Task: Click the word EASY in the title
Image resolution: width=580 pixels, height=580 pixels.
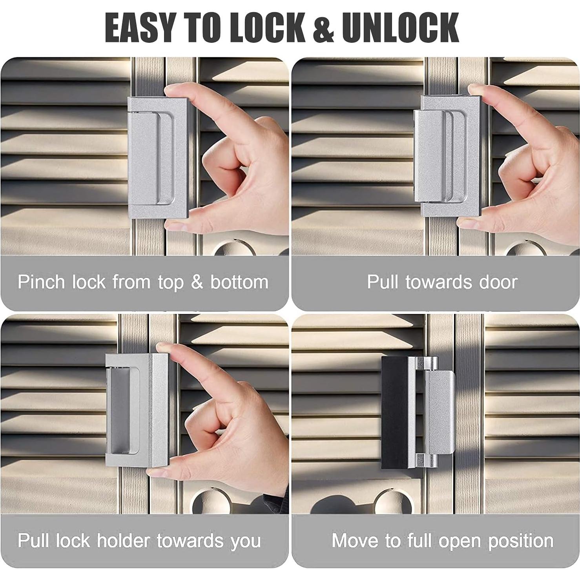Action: point(140,28)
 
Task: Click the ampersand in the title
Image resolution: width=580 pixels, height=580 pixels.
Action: point(323,29)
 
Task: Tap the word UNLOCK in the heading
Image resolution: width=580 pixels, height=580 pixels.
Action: point(400,28)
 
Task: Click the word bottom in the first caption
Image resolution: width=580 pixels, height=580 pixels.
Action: point(239,282)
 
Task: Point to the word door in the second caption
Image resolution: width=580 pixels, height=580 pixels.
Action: point(498,282)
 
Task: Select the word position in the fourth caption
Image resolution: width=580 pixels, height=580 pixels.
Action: point(521,542)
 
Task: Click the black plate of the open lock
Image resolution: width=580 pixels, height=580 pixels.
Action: point(394,412)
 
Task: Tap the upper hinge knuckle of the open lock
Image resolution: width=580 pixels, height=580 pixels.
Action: point(429,363)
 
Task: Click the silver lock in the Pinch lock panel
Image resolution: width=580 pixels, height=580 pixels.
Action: point(157,157)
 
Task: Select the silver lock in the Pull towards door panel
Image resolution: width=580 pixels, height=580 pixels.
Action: point(447,157)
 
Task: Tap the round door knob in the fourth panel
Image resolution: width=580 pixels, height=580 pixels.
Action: point(388,502)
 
